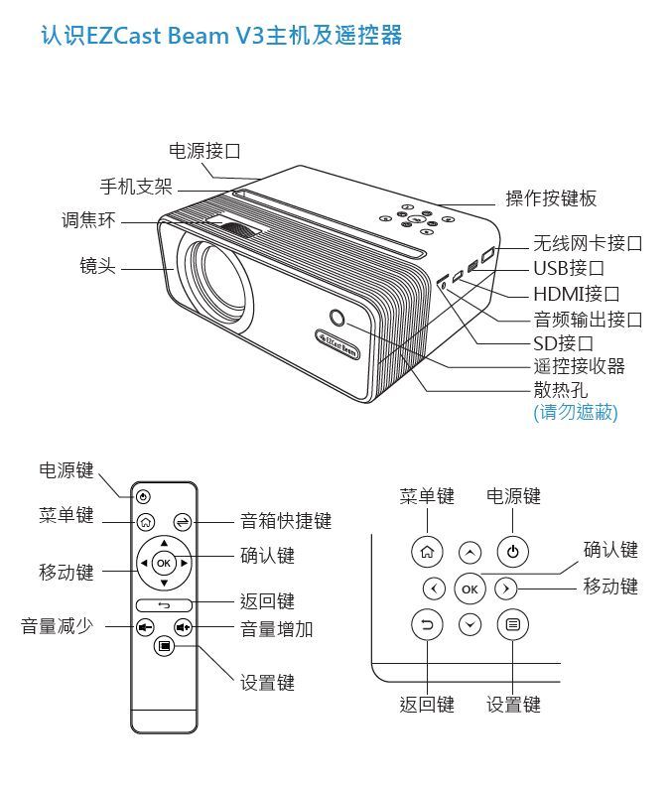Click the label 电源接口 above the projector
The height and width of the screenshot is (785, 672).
click(x=204, y=151)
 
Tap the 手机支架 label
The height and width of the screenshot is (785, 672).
click(x=136, y=187)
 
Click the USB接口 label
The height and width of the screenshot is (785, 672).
click(x=569, y=268)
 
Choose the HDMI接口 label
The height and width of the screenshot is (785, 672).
click(x=577, y=294)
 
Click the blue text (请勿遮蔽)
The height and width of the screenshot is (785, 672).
click(x=576, y=413)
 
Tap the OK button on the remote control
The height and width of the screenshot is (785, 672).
click(x=164, y=563)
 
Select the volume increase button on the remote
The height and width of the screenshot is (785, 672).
click(x=183, y=627)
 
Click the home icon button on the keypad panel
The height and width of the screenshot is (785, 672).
click(x=427, y=552)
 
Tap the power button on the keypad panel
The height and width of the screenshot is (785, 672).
click(x=512, y=552)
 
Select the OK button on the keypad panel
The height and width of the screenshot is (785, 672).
click(x=470, y=589)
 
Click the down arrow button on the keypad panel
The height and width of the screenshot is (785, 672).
click(x=470, y=625)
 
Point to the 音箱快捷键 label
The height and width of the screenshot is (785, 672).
click(x=286, y=521)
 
